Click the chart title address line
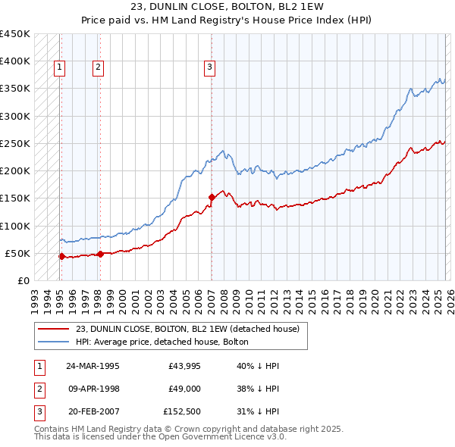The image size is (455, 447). [x=227, y=8]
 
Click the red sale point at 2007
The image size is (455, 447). [x=211, y=197]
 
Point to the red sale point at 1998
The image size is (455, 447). [x=100, y=254]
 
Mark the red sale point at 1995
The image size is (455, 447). [x=61, y=256]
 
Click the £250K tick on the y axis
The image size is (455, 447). [x=15, y=143]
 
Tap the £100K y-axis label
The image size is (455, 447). [x=15, y=226]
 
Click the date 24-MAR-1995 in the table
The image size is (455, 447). [x=93, y=365]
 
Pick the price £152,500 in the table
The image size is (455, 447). [x=183, y=412]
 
